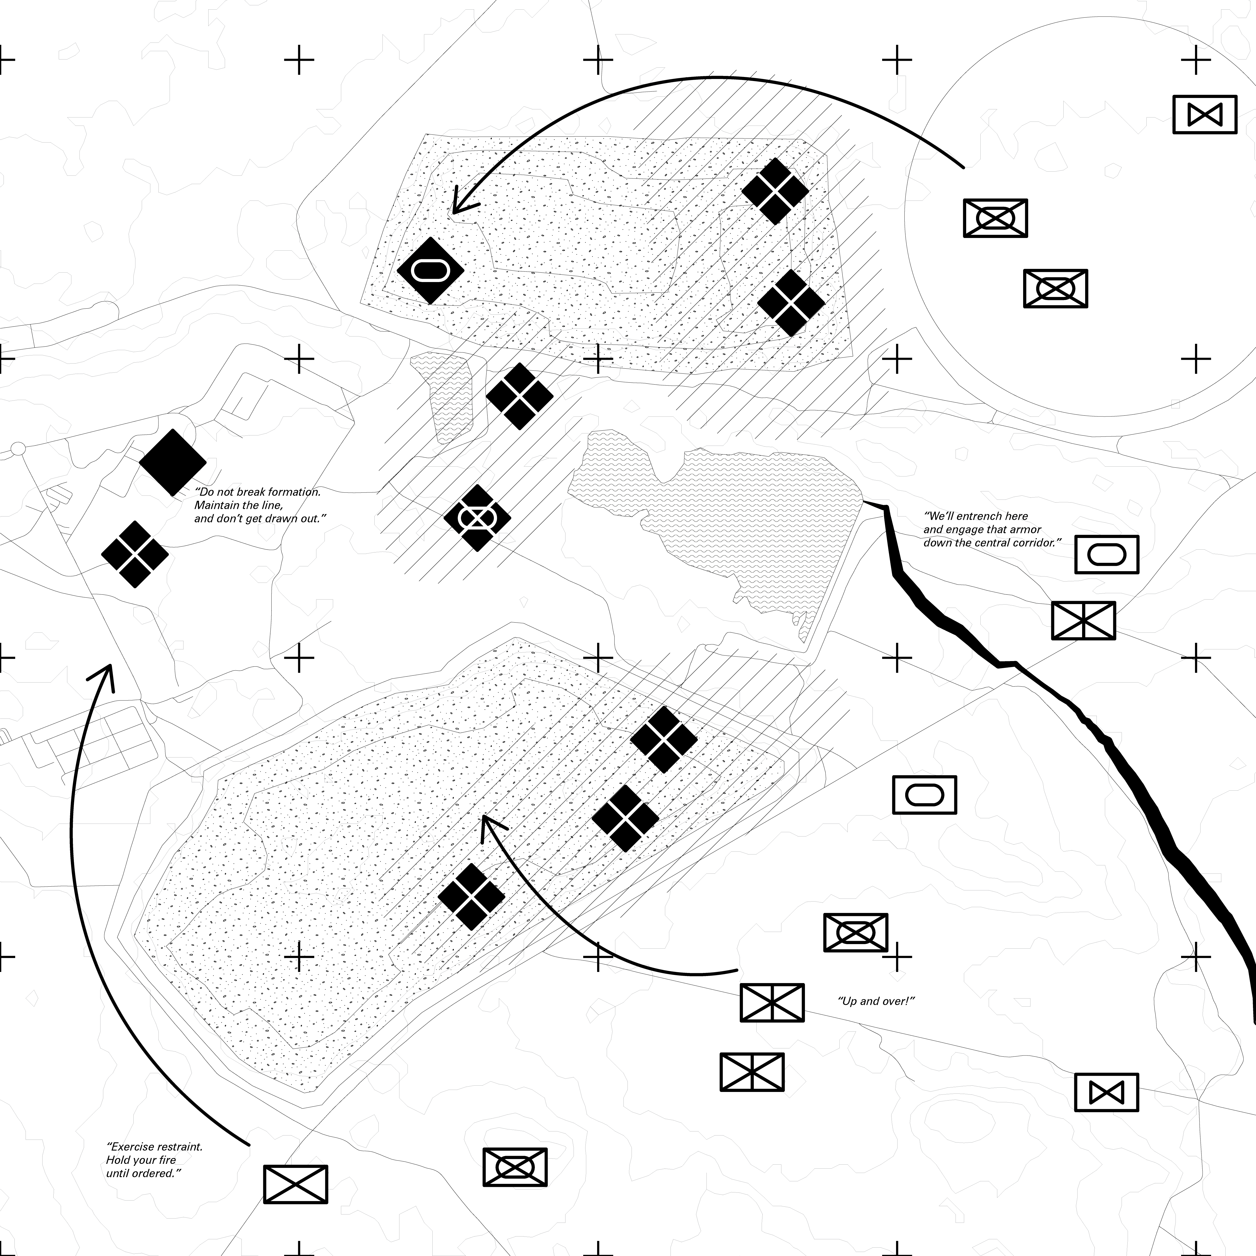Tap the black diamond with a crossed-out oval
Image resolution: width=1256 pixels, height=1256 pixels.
point(477,518)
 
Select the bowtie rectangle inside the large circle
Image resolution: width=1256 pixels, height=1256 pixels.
point(1205,115)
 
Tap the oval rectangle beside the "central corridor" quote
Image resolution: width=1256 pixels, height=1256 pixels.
point(1106,554)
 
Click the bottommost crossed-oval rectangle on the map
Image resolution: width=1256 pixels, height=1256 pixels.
point(515,1167)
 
